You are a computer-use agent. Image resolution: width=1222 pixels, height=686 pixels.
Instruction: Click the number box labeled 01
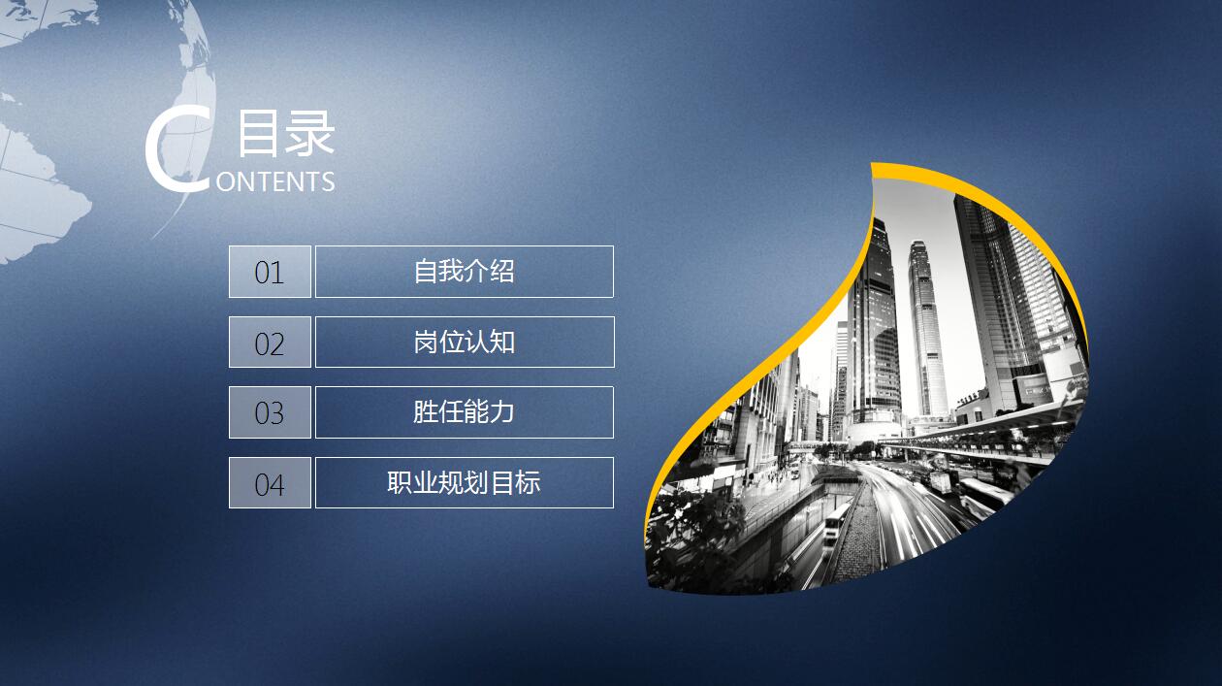270,272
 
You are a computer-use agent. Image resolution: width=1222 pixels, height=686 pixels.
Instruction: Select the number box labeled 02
270,343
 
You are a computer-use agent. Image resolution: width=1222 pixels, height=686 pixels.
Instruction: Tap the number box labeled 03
270,412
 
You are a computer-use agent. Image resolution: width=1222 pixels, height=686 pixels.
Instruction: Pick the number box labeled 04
270,482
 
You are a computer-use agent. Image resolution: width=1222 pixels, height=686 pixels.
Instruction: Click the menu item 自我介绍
464,272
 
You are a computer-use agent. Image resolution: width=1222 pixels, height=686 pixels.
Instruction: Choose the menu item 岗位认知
464,343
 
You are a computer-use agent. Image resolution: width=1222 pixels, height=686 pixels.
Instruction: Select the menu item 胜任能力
464,412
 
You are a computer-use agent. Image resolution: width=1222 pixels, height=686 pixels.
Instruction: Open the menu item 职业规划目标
464,482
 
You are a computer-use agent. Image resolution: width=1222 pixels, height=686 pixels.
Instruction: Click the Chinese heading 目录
286,134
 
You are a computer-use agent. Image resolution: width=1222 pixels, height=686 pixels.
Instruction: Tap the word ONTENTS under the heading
275,181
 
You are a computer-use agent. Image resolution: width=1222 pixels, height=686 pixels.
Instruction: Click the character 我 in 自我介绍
451,272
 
